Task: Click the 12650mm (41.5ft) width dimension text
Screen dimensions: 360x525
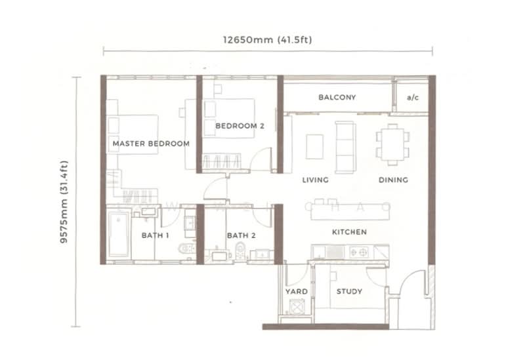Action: tap(267, 39)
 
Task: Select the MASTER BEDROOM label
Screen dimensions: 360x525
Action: tap(151, 143)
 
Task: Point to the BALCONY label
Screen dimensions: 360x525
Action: tap(337, 98)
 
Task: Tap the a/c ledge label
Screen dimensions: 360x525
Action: tap(412, 98)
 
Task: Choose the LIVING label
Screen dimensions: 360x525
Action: tap(315, 180)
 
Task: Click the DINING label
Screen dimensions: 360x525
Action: tap(393, 180)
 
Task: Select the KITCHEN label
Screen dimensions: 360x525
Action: tap(348, 232)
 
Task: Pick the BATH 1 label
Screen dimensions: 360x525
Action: tap(156, 235)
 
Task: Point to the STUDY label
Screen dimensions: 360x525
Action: tap(349, 291)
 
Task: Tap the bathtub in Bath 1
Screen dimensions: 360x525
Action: tap(120, 233)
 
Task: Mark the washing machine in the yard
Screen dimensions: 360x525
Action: tap(296, 308)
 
